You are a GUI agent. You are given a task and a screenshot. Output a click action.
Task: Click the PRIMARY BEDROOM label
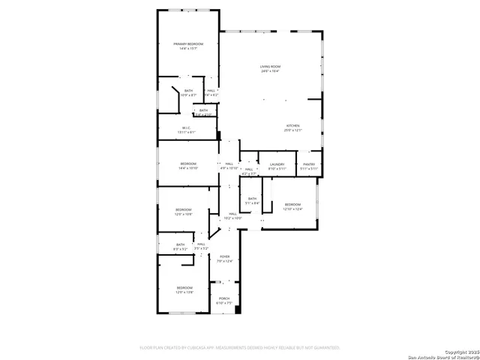click(188, 44)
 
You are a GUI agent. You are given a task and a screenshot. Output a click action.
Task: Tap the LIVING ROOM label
click(270, 67)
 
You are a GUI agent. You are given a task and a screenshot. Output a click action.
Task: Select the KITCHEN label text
click(292, 125)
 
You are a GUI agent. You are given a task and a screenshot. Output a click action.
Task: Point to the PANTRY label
click(309, 163)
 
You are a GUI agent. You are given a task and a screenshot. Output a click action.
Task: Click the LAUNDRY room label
click(277, 163)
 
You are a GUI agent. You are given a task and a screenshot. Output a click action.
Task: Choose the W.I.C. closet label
click(187, 127)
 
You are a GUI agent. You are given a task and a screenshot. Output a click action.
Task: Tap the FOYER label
click(223, 256)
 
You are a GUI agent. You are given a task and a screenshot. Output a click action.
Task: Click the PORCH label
click(223, 298)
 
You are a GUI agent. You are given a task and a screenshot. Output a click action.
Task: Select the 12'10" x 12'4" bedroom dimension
click(292, 208)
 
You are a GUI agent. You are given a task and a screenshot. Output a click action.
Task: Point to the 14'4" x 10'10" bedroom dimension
click(188, 168)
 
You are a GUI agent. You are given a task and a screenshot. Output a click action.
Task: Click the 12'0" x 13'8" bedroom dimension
click(184, 292)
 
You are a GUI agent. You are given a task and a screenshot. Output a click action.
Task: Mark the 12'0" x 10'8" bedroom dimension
click(184, 214)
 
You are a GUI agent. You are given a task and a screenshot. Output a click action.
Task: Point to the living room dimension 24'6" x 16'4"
click(270, 71)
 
